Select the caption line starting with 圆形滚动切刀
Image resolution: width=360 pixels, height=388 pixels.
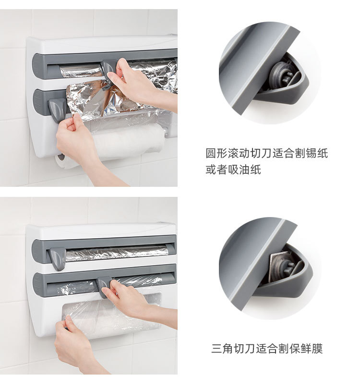(x=267, y=154)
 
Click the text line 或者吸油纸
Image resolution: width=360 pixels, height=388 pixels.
(x=233, y=170)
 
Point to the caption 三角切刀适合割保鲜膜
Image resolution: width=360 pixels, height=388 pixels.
(x=267, y=349)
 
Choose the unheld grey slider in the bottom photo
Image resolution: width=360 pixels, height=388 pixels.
(x=57, y=258)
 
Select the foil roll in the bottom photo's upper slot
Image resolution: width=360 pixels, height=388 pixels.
(x=115, y=253)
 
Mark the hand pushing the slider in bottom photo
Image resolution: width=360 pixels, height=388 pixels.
(x=127, y=300)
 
